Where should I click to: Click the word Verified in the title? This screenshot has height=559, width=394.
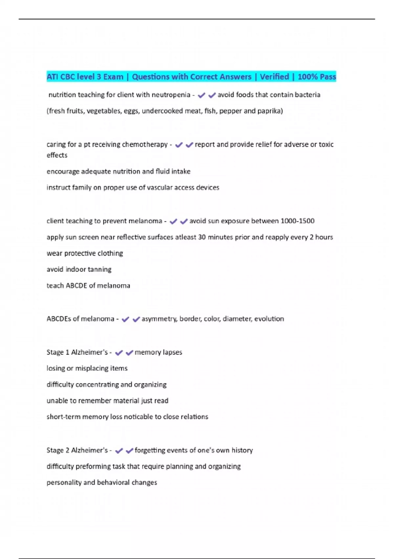274,77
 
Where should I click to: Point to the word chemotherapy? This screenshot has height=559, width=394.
145,144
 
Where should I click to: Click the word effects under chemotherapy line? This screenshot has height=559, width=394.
57,155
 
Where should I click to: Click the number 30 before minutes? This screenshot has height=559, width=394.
202,237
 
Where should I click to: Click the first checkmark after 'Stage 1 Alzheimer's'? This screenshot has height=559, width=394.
119,353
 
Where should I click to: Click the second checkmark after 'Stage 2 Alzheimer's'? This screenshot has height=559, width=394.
129,450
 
